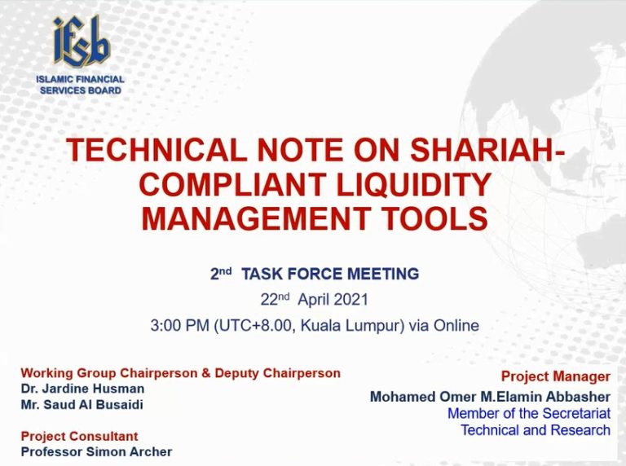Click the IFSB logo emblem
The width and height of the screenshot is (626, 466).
(81, 41)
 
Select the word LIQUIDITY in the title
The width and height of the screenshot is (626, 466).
(413, 184)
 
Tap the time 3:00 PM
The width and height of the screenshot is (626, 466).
(179, 326)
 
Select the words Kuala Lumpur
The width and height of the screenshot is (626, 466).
(350, 326)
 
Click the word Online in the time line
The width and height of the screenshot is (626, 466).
(456, 326)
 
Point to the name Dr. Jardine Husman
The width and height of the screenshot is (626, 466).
(82, 389)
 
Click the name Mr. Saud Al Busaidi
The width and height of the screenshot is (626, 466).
(82, 405)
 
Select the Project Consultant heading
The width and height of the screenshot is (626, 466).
(79, 436)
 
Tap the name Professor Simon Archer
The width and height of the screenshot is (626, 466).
(96, 451)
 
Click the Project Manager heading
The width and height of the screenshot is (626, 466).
(556, 376)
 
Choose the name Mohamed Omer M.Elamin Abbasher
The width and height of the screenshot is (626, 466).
(490, 397)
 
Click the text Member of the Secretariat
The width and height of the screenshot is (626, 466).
(529, 413)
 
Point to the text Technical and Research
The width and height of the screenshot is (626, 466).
(536, 430)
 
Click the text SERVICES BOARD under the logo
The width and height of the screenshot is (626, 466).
(80, 90)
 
